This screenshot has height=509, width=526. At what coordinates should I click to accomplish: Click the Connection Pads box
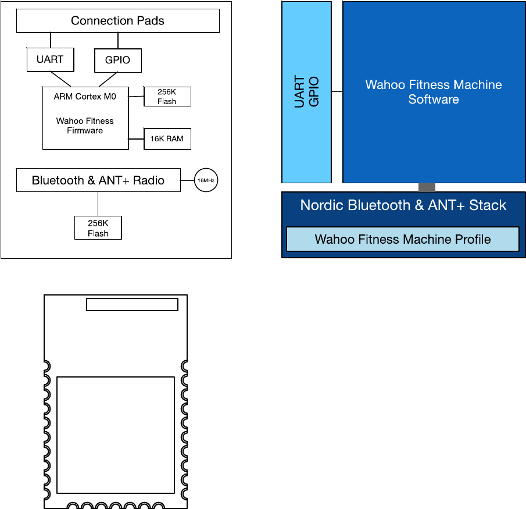click(x=117, y=22)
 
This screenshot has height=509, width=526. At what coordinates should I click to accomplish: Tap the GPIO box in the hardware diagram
click(x=118, y=60)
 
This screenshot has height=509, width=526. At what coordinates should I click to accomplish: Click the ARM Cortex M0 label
click(x=85, y=97)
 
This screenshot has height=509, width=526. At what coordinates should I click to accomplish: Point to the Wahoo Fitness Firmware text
click(x=85, y=126)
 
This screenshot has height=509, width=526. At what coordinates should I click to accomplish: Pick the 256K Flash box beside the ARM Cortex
click(x=167, y=97)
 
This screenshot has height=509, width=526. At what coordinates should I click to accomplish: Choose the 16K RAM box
click(x=167, y=139)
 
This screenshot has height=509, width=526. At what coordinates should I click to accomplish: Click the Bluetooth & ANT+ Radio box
click(x=98, y=180)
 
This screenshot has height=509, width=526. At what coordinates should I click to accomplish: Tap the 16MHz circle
click(x=206, y=181)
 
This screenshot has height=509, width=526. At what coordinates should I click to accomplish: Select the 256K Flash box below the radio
click(x=98, y=227)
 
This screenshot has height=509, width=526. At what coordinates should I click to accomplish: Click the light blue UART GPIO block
click(x=306, y=92)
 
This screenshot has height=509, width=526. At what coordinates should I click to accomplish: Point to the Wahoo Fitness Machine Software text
click(x=434, y=92)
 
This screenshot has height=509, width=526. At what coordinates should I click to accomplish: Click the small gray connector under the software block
click(x=427, y=187)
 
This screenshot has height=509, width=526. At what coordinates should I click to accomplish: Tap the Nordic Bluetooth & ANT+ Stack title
click(x=403, y=205)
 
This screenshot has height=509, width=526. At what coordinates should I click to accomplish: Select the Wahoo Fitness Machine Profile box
click(x=403, y=239)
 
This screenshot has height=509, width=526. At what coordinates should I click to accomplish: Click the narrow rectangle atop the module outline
click(x=132, y=304)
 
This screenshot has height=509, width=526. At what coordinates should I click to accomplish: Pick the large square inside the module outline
click(x=116, y=435)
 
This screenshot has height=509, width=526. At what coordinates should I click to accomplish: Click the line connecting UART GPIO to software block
click(x=337, y=92)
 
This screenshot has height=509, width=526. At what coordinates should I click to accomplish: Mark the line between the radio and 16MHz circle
click(x=187, y=181)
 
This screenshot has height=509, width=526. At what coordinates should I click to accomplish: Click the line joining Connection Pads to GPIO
click(x=118, y=41)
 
